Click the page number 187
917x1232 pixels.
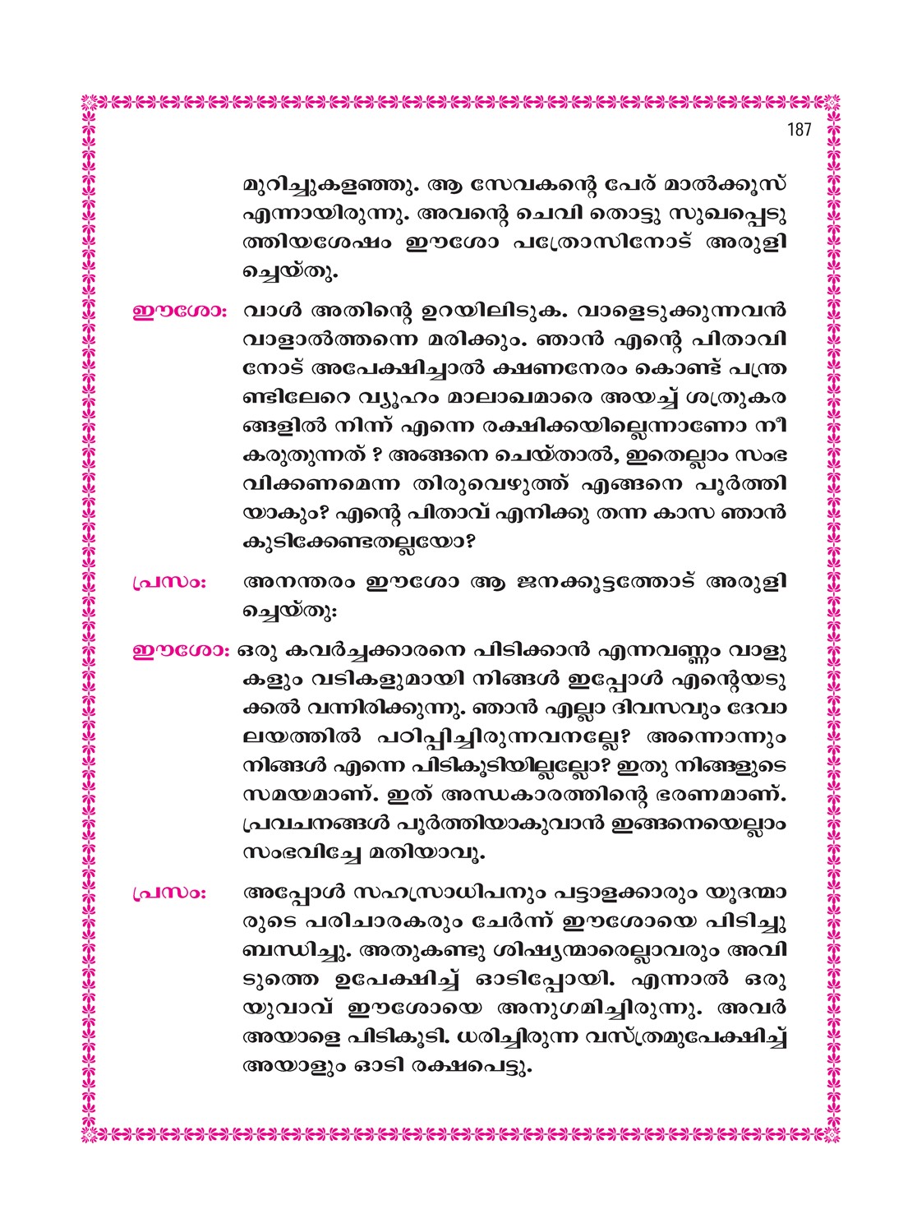tap(798, 130)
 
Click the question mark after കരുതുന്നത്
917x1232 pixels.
tap(375, 455)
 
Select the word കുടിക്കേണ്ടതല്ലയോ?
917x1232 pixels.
tap(362, 542)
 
